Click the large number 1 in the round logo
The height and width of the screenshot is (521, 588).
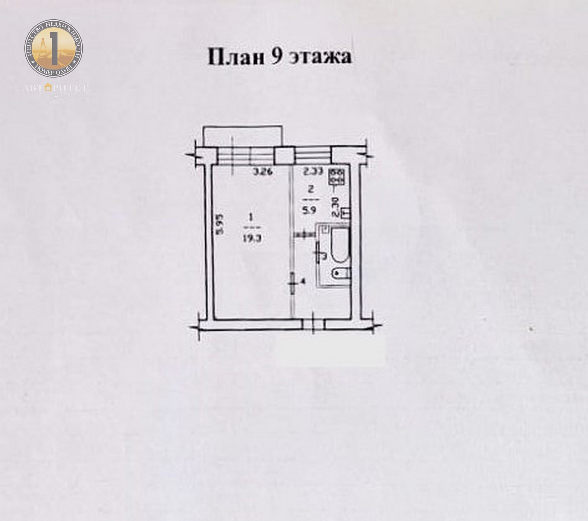click(54, 47)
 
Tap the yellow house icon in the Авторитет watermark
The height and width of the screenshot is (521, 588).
click(48, 88)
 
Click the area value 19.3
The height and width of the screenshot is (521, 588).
click(252, 237)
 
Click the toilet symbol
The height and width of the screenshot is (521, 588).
click(340, 273)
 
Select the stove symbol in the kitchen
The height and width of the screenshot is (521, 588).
click(337, 176)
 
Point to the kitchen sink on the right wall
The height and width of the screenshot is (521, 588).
click(345, 213)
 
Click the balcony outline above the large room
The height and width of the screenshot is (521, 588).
click(243, 136)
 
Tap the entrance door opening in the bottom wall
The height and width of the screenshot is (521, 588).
click(313, 324)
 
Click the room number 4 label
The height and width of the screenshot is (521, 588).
click(302, 282)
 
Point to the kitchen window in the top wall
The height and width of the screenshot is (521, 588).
click(313, 155)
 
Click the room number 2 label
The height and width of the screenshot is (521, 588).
click(311, 190)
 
